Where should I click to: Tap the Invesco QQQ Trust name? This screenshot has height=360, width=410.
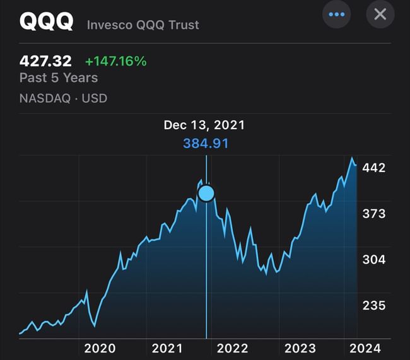(x=143, y=25)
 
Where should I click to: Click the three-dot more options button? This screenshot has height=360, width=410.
(x=336, y=14)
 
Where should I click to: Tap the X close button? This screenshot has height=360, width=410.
(x=380, y=14)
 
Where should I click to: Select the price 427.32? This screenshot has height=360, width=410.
(x=45, y=61)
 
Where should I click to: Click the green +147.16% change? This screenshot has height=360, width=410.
(x=115, y=61)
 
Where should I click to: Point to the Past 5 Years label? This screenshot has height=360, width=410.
(x=59, y=78)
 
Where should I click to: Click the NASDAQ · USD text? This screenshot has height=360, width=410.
(x=63, y=98)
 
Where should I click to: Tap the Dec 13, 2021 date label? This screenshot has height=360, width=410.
(x=204, y=125)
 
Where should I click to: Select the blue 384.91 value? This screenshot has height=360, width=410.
(x=206, y=143)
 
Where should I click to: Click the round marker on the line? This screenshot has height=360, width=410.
(x=206, y=193)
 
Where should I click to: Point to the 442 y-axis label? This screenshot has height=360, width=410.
(x=374, y=168)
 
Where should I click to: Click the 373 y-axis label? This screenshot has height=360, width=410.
(x=374, y=214)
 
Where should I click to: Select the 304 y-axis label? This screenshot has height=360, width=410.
(x=374, y=259)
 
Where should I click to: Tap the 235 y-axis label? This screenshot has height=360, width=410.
(x=374, y=305)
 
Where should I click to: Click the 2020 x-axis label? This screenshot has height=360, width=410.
(x=100, y=348)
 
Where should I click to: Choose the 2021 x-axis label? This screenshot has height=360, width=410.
(x=167, y=348)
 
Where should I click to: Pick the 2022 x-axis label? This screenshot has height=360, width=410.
(x=233, y=348)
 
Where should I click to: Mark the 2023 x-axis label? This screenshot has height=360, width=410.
(x=300, y=348)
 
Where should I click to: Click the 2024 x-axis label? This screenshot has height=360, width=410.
(x=365, y=348)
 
